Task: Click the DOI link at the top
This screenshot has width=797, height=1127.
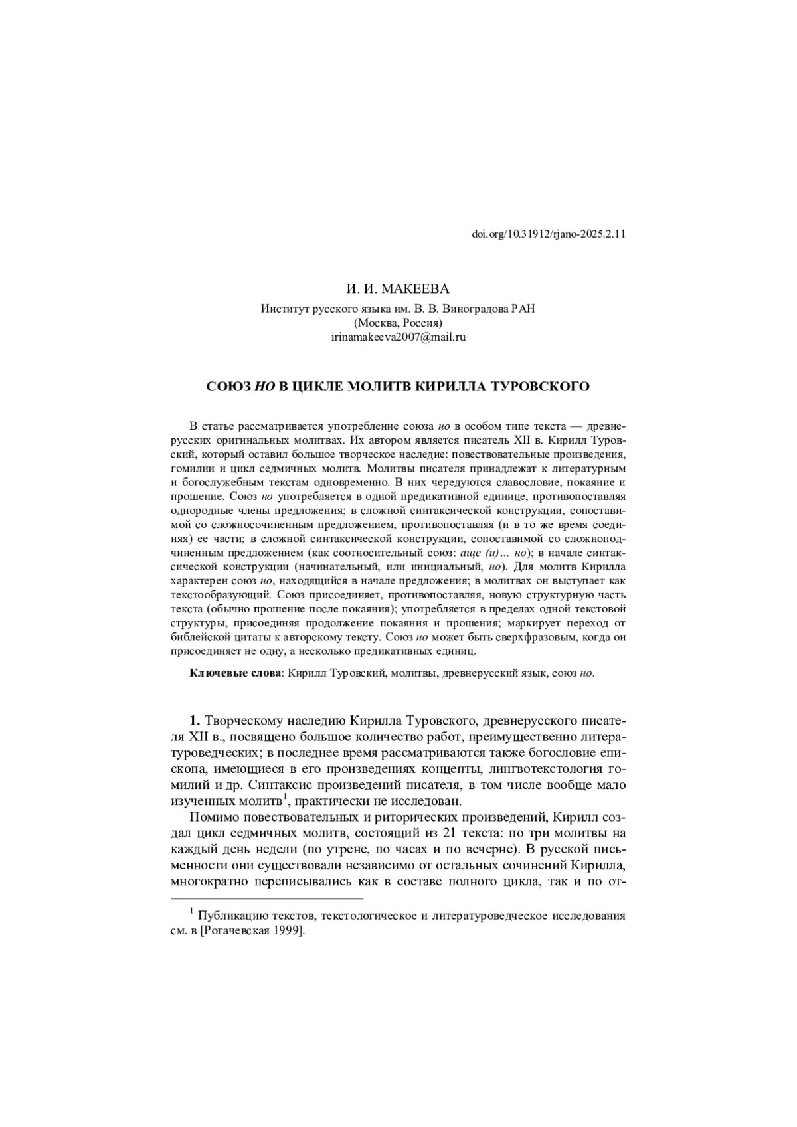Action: [549, 234]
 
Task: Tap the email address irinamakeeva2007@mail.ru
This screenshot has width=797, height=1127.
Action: [398, 337]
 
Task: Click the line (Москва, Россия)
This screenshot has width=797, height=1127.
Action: [398, 323]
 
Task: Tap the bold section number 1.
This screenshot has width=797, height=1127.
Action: [195, 721]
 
